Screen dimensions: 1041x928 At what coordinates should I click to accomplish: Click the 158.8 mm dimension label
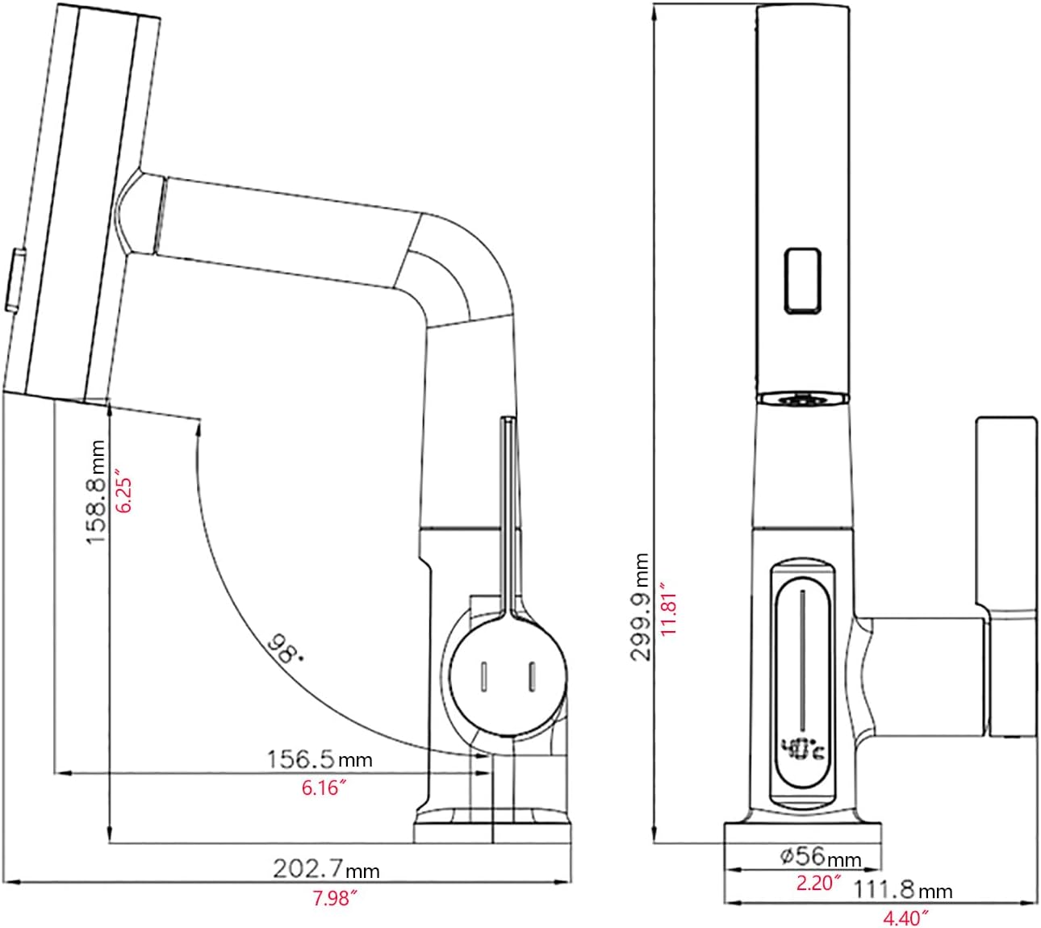click(x=95, y=491)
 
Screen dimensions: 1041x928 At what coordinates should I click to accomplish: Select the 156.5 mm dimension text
click(x=319, y=759)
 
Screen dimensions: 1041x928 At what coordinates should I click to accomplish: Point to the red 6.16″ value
click(x=324, y=788)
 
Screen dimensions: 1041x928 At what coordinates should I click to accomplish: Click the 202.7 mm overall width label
click(x=326, y=869)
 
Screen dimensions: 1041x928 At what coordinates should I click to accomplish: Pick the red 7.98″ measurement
click(x=335, y=899)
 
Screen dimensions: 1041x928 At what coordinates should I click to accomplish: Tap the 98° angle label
click(x=286, y=649)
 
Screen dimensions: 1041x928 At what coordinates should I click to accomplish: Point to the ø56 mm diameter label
click(x=820, y=856)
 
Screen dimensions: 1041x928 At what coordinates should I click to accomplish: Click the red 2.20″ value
click(x=819, y=883)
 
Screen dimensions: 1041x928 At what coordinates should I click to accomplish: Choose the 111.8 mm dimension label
click(x=903, y=889)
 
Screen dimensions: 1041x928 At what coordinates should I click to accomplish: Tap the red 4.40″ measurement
click(x=906, y=918)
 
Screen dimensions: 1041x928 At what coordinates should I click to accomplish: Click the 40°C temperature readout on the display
click(x=803, y=750)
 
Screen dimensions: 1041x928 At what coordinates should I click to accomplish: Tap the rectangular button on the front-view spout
click(x=801, y=281)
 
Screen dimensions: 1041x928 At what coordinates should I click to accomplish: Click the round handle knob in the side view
click(x=508, y=674)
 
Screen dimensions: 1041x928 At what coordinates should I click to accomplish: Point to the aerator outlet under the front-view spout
click(x=801, y=398)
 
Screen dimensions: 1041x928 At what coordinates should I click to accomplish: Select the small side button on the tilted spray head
click(x=16, y=280)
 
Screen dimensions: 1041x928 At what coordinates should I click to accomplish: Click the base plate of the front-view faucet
click(x=803, y=833)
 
